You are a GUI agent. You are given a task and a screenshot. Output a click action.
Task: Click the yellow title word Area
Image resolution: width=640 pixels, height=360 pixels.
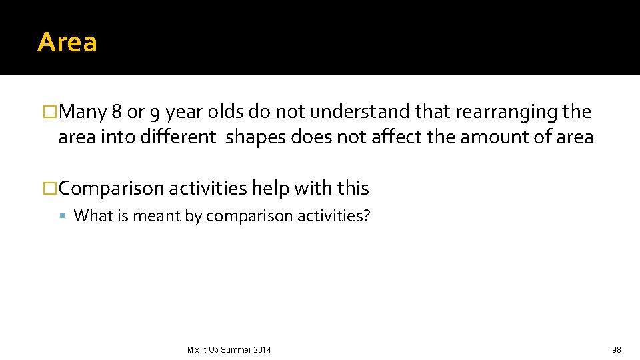(x=67, y=42)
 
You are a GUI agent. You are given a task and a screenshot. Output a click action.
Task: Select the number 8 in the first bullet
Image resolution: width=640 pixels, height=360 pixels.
(x=117, y=112)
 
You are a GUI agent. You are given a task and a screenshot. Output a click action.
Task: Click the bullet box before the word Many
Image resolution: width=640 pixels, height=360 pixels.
(x=50, y=112)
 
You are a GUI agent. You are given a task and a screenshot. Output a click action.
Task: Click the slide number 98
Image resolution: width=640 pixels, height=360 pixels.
(x=616, y=350)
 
